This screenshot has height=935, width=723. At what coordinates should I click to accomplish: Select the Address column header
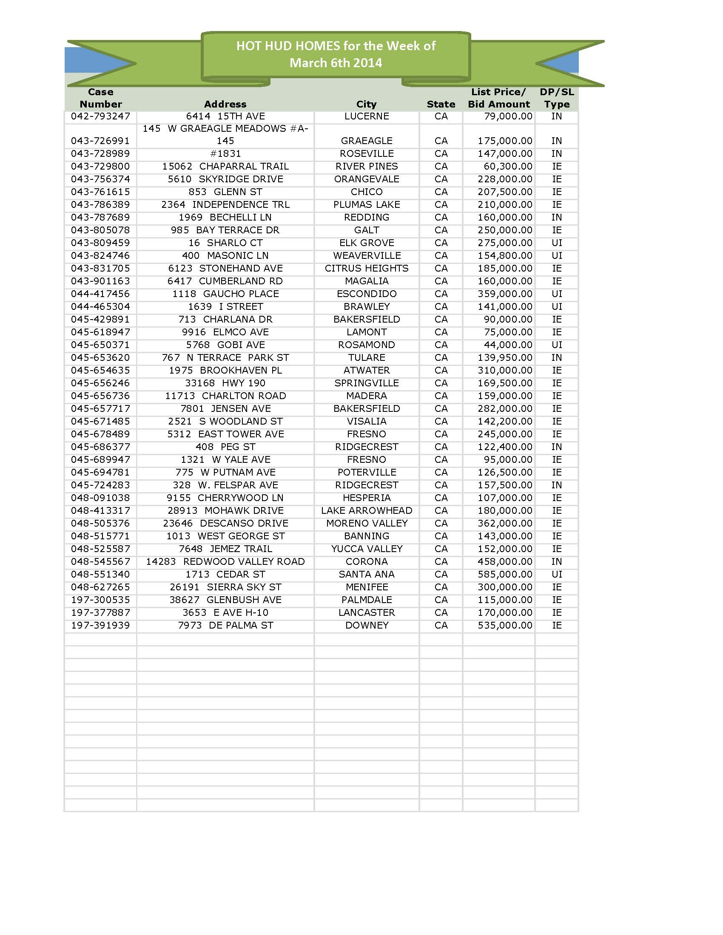pyautogui.click(x=225, y=104)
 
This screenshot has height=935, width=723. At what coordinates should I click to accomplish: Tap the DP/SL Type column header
pyautogui.click(x=556, y=98)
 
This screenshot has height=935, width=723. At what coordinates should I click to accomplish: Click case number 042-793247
pyautogui.click(x=100, y=116)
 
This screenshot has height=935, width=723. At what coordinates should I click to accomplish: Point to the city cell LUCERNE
pyautogui.click(x=366, y=116)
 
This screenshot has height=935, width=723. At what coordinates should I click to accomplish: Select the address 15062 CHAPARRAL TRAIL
pyautogui.click(x=225, y=167)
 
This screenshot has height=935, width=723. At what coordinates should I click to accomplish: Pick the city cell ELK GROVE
pyautogui.click(x=366, y=243)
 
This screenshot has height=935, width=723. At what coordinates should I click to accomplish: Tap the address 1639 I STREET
pyautogui.click(x=225, y=307)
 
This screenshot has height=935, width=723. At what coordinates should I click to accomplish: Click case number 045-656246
pyautogui.click(x=100, y=383)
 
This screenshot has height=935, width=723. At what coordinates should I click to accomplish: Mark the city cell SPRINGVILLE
pyautogui.click(x=366, y=383)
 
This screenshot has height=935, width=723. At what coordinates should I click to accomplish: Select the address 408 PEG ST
pyautogui.click(x=225, y=447)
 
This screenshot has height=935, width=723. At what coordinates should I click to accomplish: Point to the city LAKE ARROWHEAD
pyautogui.click(x=366, y=511)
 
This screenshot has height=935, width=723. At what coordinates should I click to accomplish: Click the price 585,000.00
pyautogui.click(x=504, y=575)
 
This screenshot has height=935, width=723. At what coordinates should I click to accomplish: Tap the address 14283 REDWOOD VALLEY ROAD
pyautogui.click(x=225, y=562)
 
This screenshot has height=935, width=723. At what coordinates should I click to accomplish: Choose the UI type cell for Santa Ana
pyautogui.click(x=556, y=575)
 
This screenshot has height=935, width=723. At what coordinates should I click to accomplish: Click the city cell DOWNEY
pyautogui.click(x=366, y=626)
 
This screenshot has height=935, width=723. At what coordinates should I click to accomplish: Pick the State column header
pyautogui.click(x=441, y=104)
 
